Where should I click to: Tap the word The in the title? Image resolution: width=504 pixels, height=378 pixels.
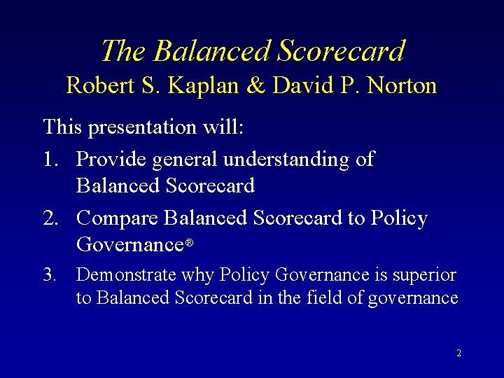[x=123, y=51]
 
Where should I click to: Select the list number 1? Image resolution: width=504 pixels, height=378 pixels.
[x=51, y=159]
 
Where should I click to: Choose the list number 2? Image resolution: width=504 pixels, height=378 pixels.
[x=51, y=218]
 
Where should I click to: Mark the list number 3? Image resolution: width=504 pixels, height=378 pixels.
[x=50, y=275]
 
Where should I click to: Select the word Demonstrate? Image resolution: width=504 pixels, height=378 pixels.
[x=120, y=275]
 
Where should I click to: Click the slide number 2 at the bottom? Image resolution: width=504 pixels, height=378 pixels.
[x=458, y=353]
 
